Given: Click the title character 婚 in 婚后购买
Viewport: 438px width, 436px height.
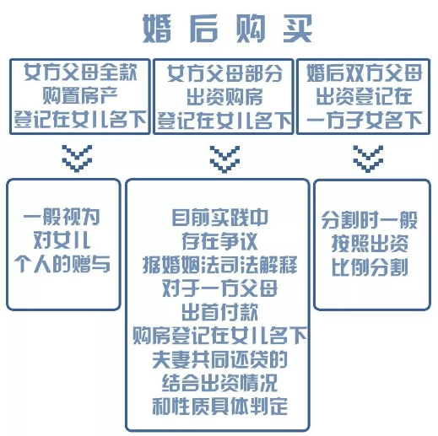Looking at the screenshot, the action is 157,29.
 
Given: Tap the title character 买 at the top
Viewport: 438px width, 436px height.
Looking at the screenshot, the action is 298,29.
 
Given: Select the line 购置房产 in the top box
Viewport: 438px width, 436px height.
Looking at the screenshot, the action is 79,96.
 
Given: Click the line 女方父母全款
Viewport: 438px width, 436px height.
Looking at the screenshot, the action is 80,73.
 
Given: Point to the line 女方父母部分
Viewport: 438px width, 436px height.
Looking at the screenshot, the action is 224,73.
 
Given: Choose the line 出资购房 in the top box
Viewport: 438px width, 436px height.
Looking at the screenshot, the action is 224,97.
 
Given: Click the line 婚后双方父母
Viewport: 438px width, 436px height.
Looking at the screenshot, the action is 364,73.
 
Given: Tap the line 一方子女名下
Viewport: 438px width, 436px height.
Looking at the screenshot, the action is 364,120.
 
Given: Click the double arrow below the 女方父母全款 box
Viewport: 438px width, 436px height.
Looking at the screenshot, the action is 77,159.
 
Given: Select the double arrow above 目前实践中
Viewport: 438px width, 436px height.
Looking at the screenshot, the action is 224,159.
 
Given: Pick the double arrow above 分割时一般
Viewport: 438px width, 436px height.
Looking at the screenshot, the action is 368,159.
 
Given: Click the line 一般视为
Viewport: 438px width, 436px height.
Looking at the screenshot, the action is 62,217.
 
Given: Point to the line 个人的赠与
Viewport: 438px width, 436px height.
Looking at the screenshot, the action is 62,264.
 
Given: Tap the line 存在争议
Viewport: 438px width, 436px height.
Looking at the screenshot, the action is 219,241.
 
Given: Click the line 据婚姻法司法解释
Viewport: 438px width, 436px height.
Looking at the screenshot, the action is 220,265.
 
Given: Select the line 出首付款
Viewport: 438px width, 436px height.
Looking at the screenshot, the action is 219,312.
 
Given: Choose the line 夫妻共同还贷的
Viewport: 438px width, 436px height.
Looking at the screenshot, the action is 219,359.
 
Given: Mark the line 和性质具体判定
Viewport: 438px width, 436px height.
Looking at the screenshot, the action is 219,406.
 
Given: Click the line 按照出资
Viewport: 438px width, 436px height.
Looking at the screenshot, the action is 370,244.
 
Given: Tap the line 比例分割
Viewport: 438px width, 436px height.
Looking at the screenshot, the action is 370,267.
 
